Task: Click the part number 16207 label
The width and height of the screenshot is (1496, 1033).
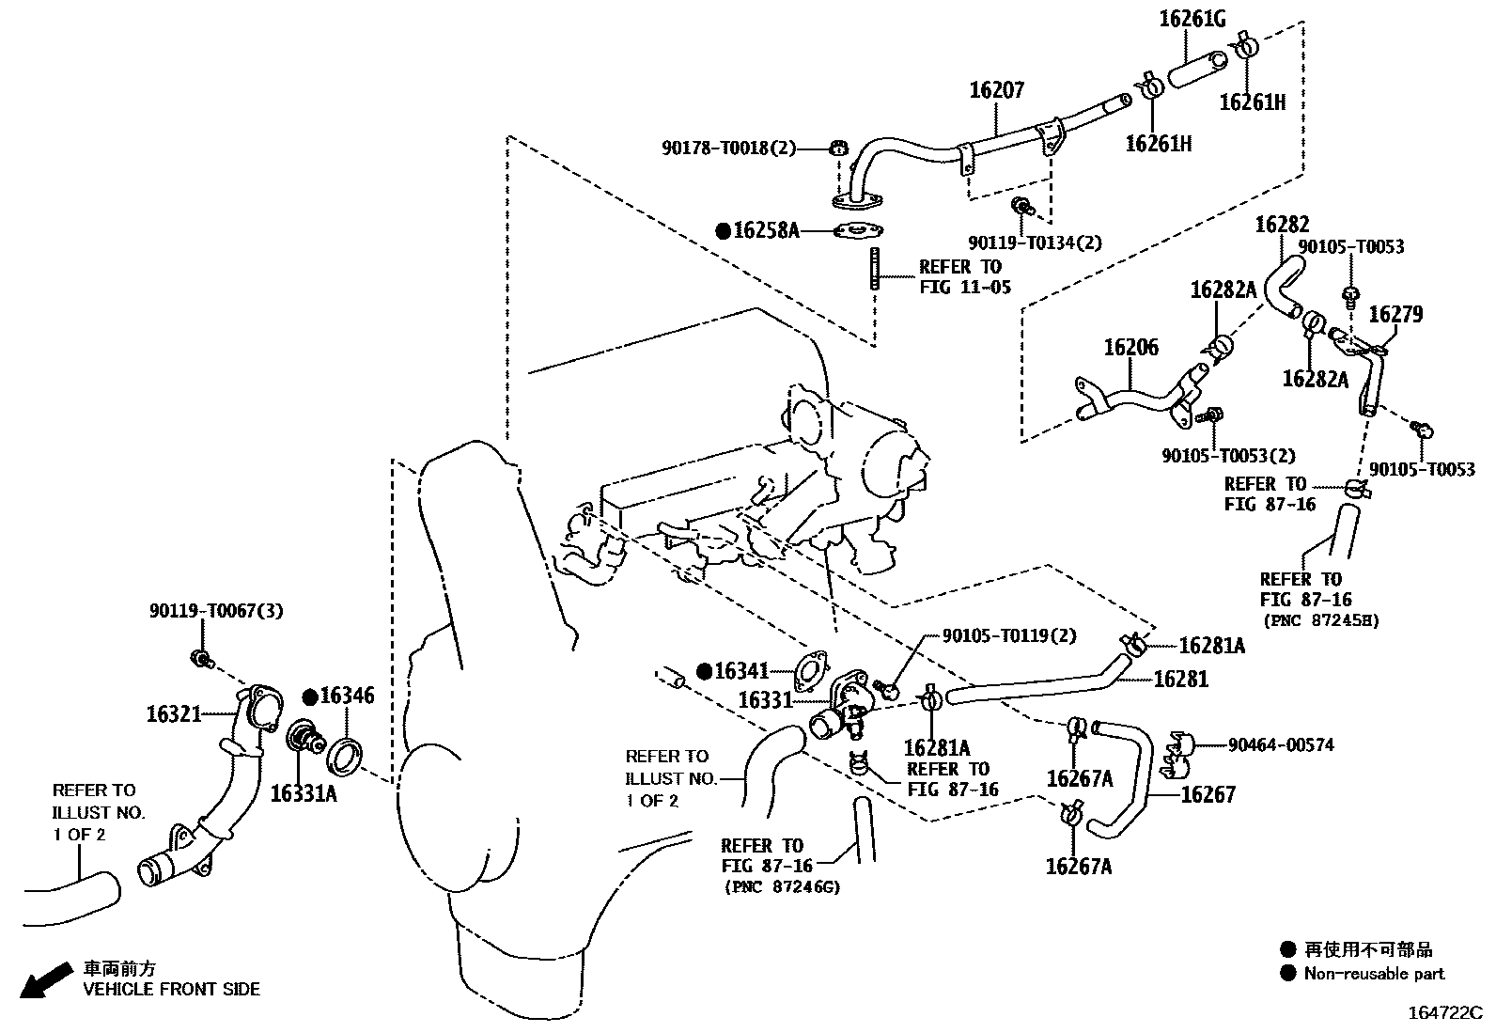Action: tap(996, 89)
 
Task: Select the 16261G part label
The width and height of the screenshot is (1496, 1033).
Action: tap(1192, 19)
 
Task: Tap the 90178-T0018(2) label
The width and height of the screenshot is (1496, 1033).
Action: tap(729, 148)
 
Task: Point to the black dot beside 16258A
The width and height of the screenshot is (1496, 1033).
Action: tap(724, 231)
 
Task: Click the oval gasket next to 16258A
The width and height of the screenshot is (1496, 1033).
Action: tap(858, 231)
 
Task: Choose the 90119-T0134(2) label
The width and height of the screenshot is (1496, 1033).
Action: tap(1035, 243)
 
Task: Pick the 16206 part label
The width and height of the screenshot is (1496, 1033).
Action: tap(1130, 348)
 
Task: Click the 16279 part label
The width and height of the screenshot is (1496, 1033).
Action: tap(1395, 314)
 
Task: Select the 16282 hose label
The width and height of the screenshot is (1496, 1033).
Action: tap(1282, 225)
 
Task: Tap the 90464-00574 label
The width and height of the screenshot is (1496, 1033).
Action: tap(1281, 744)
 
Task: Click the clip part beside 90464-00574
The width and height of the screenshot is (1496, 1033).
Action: tap(1177, 756)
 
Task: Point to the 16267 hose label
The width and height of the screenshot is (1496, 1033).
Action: tap(1208, 794)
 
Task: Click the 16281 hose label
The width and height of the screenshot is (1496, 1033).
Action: tap(1181, 679)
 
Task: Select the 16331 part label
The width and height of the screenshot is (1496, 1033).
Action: tap(765, 700)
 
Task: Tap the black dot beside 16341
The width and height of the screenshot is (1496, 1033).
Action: tap(704, 671)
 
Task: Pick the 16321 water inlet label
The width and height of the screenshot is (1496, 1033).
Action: tap(174, 714)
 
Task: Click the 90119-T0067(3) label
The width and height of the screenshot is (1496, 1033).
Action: tap(216, 611)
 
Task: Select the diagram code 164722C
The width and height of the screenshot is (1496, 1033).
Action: tap(1445, 1013)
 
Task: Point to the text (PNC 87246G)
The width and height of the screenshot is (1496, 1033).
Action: tap(782, 886)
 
